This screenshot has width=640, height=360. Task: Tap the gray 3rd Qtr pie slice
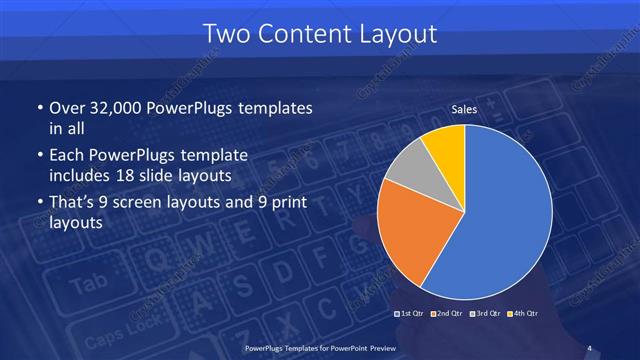(411, 173)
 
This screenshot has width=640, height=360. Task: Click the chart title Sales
(464, 110)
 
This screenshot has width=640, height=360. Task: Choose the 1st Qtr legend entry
(411, 315)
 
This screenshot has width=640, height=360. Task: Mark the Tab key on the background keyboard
(88, 284)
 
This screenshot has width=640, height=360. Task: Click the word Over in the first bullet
(66, 107)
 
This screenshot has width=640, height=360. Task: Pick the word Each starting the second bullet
(66, 155)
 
